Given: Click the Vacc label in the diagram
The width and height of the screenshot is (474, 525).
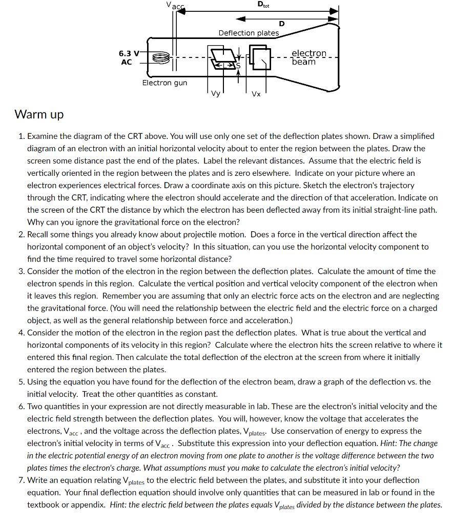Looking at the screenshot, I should pyautogui.click(x=174, y=6).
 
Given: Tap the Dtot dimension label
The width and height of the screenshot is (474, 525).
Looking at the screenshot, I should pyautogui.click(x=263, y=5).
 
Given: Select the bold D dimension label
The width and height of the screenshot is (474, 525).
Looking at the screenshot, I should pyautogui.click(x=281, y=24).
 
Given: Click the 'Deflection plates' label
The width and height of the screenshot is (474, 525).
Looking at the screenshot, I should pyautogui.click(x=249, y=33).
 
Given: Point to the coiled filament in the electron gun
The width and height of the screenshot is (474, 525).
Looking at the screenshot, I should pyautogui.click(x=160, y=57).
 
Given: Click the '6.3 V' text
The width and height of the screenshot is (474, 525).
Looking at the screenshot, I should pyautogui.click(x=128, y=53).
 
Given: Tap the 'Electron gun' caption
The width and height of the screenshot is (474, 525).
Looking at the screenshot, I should pyautogui.click(x=164, y=83).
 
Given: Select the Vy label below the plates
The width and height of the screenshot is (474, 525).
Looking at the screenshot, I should pyautogui.click(x=215, y=94).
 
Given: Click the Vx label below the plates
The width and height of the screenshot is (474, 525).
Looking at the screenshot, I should pyautogui.click(x=256, y=94).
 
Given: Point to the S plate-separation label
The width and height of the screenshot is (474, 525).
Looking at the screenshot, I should pyautogui.click(x=238, y=65).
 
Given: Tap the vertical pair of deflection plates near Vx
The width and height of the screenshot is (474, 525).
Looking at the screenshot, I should pyautogui.click(x=260, y=57).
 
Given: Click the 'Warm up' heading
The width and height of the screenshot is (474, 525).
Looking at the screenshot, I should pyautogui.click(x=39, y=114).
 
